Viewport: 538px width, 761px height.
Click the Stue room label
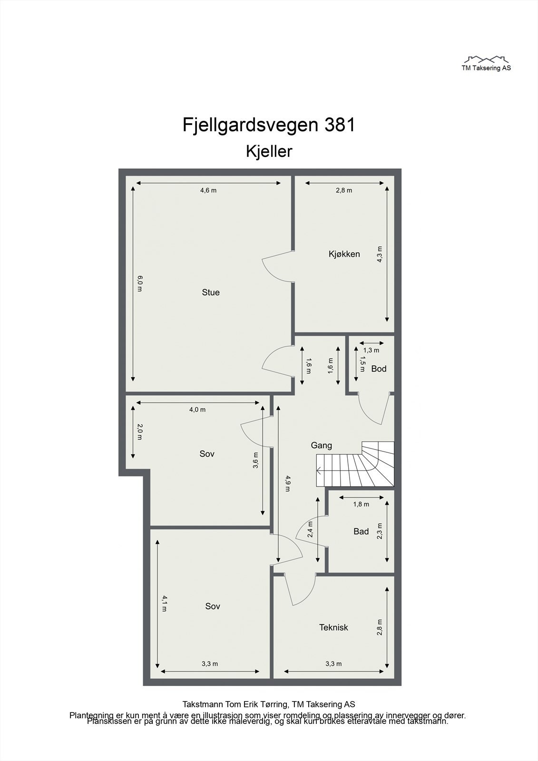tap(211, 293)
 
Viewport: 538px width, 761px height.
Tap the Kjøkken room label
tap(344, 254)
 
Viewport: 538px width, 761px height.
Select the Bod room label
tap(379, 369)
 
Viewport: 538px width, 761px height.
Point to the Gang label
tap(321, 446)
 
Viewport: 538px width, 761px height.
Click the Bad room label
tap(361, 531)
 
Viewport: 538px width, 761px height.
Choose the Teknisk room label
tap(333, 627)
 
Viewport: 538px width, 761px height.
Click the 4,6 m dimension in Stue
tap(208, 190)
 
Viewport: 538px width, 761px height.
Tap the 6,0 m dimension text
tap(139, 284)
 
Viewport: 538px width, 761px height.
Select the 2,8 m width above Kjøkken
tap(344, 190)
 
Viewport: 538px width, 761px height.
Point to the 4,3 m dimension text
tap(379, 254)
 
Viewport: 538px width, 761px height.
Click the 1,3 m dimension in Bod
tap(371, 350)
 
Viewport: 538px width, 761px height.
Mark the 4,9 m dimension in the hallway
tap(287, 482)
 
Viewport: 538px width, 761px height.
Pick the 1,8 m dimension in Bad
tap(361, 504)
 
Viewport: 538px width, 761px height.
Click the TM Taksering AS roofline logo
tap(486, 60)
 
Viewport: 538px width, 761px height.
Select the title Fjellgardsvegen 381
tap(269, 125)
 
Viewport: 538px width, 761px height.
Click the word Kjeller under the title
tap(269, 151)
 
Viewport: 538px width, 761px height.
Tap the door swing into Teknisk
tap(300, 590)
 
